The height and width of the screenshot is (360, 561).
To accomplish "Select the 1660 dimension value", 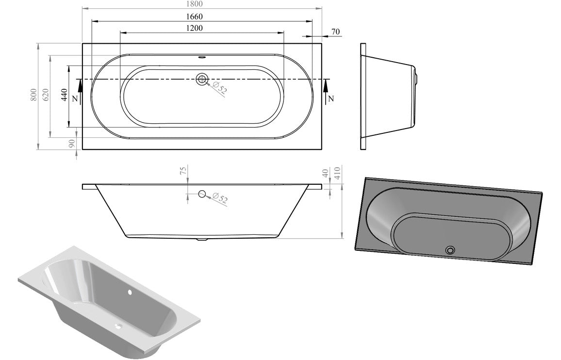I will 194,16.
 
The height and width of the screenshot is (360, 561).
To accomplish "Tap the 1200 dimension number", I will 194,28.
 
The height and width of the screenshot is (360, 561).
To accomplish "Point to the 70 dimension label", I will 335,32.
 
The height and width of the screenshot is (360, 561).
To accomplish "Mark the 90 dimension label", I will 72,144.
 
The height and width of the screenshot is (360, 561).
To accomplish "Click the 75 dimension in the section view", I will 183,171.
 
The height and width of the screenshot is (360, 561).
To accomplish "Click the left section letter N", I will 74,98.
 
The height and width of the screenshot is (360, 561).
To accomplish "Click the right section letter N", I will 331,98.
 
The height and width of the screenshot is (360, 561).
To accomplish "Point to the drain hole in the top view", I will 202,79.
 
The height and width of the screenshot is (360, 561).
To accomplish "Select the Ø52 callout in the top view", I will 220,88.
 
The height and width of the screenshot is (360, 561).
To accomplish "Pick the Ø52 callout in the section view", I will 220,198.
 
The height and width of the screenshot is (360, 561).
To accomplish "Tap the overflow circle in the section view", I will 202,194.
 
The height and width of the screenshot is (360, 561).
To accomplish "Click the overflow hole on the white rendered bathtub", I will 130,293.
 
